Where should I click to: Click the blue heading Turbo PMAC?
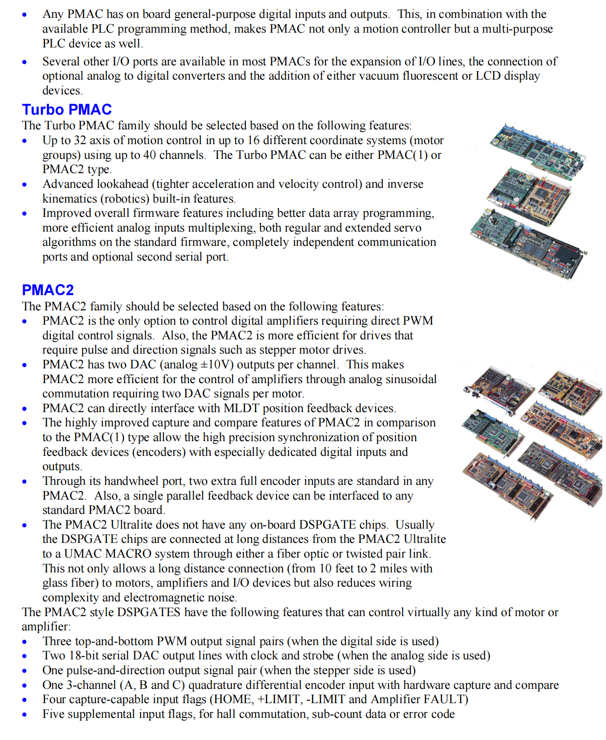click(67, 110)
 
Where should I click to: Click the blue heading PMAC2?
click(48, 290)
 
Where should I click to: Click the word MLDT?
click(241, 408)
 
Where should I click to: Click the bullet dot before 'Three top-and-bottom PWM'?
click(25, 642)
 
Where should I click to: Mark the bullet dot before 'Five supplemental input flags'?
click(25, 715)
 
